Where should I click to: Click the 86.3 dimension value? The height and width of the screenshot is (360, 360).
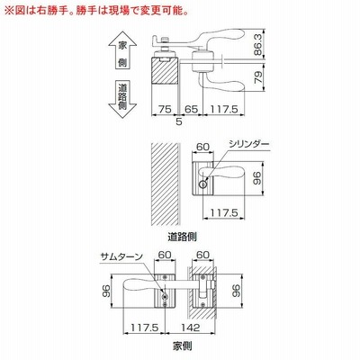tap(258, 44)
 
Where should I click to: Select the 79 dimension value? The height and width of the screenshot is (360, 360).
tap(258, 77)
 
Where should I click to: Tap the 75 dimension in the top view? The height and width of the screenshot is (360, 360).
tap(165, 109)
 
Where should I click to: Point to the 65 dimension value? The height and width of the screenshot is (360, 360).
tap(191, 109)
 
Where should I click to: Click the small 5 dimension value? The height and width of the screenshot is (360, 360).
tap(179, 121)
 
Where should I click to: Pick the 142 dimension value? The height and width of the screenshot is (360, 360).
tap(191, 327)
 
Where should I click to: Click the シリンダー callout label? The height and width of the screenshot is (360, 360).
tap(248, 144)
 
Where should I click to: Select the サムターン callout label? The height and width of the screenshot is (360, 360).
tap(121, 256)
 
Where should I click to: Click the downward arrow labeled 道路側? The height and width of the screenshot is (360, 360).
tap(122, 99)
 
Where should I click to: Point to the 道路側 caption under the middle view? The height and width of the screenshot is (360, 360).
tap(182, 237)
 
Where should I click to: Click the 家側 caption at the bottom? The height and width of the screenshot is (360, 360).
tap(182, 346)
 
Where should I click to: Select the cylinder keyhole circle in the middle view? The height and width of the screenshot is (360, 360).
tap(203, 184)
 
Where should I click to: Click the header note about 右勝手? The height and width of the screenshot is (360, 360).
tap(97, 12)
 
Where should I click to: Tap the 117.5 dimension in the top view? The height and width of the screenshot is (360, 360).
tap(224, 109)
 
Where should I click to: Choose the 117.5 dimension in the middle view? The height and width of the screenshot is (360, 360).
tap(224, 213)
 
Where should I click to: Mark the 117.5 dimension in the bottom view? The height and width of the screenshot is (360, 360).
tap(144, 327)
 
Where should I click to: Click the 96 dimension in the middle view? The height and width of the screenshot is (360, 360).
tap(258, 178)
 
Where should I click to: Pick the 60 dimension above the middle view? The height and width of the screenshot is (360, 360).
tap(202, 147)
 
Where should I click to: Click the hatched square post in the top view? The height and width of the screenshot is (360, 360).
tap(165, 71)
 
